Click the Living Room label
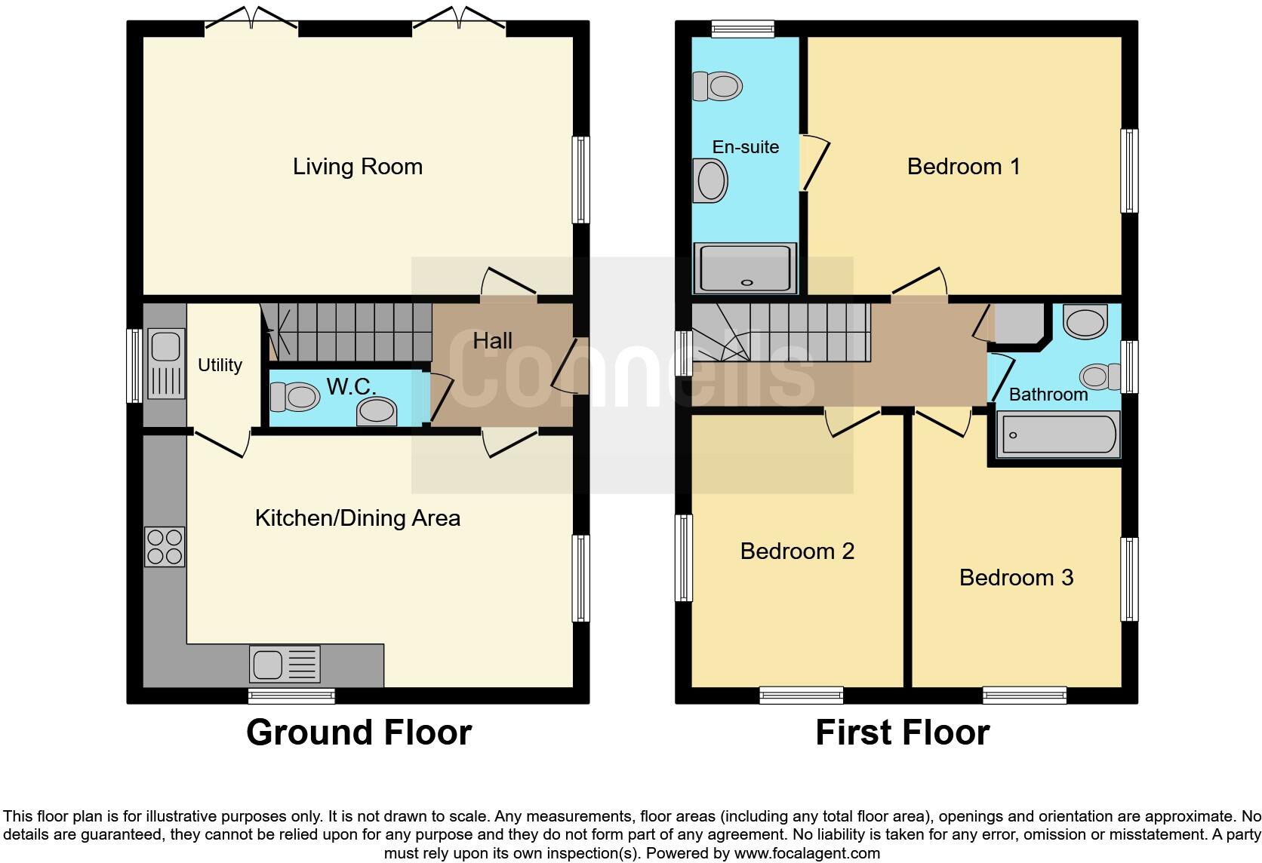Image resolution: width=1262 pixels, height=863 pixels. [357, 167]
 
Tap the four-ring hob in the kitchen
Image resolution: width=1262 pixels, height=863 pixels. [165, 547]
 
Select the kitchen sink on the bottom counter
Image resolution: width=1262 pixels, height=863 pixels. [285, 665]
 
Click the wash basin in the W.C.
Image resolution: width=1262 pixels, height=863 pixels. [377, 412]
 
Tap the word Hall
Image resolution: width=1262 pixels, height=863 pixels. [492, 341]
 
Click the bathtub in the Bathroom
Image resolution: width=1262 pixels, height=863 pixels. [1058, 435]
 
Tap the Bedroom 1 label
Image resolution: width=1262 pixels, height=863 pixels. [963, 167]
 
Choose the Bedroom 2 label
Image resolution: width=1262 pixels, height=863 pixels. [797, 551]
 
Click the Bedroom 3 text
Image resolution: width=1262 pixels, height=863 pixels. [1016, 578]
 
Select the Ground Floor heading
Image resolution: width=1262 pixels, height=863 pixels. [359, 732]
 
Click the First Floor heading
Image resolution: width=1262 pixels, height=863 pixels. [902, 732]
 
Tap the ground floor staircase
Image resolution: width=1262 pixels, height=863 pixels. [347, 332]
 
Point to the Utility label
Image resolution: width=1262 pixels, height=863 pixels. [220, 365]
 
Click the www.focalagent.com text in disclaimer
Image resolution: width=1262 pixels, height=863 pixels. [807, 854]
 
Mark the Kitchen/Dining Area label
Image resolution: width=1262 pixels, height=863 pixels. [357, 518]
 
